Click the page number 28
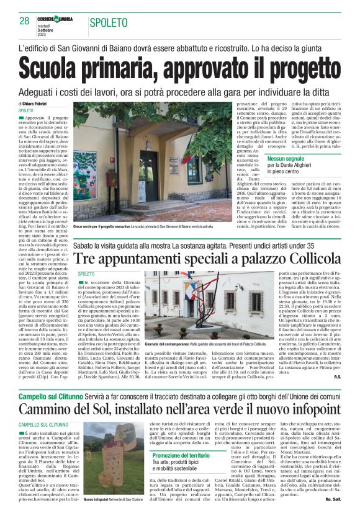24,21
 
